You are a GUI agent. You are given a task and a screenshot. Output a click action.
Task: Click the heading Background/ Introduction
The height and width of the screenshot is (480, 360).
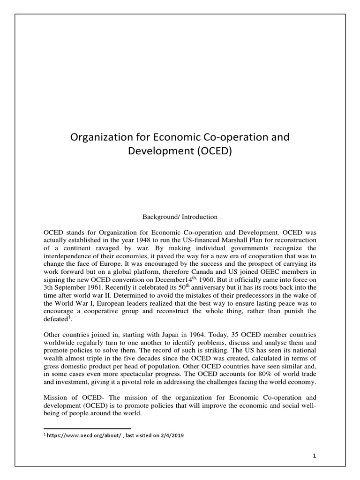click(180, 217)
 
